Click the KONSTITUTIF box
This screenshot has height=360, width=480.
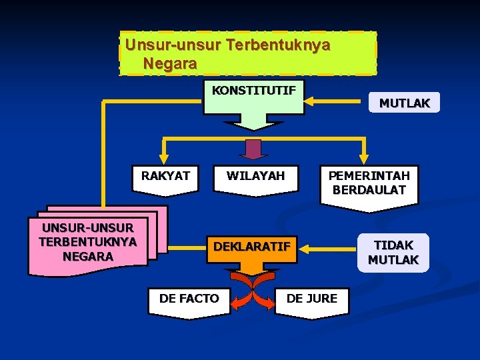[x=253, y=97]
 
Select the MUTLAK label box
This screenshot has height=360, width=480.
[x=404, y=103]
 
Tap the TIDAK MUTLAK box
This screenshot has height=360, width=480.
[x=393, y=252]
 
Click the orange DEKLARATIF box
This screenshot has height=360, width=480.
[x=252, y=247]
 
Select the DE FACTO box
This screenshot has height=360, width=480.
[x=189, y=299]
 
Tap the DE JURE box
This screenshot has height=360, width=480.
[x=312, y=299]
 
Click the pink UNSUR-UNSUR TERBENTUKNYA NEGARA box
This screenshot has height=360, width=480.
[x=88, y=241]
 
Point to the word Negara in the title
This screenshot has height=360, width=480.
[x=170, y=64]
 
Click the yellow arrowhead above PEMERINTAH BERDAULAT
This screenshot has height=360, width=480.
[x=363, y=159]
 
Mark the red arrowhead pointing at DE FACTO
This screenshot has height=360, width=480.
[x=234, y=305]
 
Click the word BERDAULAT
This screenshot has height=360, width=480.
[x=369, y=190]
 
